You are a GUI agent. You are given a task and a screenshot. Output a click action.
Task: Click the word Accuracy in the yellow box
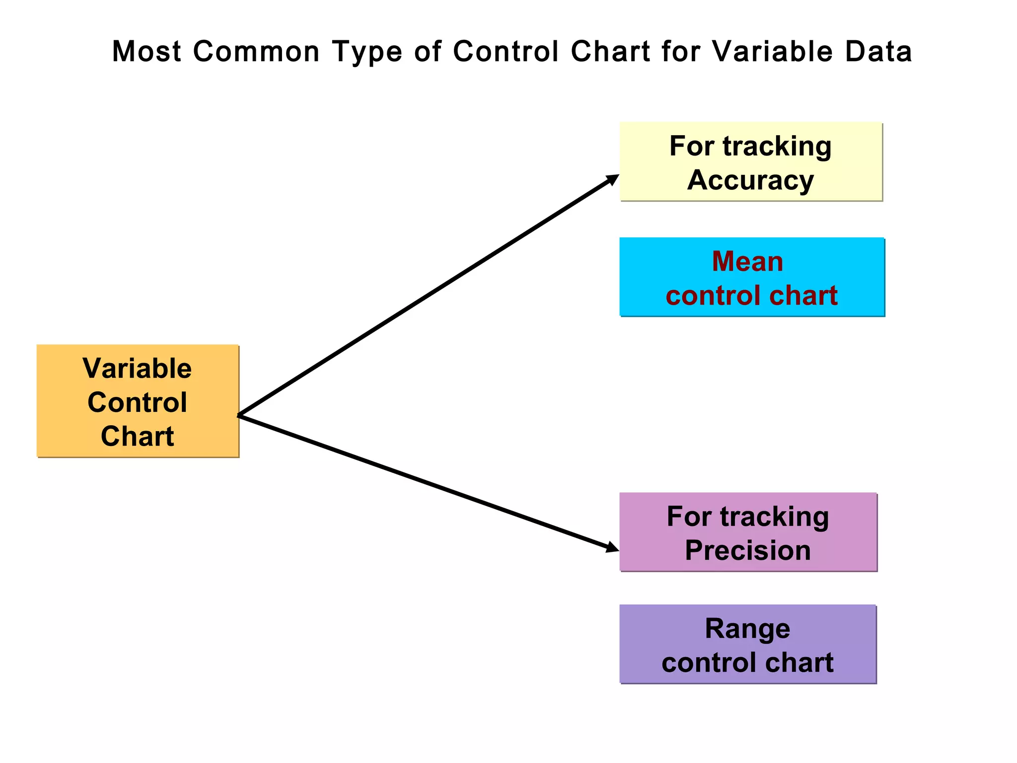[750, 180]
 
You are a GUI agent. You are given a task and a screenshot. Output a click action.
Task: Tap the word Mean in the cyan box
[747, 261]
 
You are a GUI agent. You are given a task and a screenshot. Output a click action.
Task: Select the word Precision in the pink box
[747, 550]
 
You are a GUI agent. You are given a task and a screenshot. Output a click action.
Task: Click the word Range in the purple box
[747, 629]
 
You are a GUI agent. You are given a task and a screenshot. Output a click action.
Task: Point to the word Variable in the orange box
[137, 369]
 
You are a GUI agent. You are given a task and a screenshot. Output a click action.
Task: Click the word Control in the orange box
[137, 402]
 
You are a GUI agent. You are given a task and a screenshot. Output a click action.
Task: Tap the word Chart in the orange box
[137, 436]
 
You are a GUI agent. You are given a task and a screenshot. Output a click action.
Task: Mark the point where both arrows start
[239, 415]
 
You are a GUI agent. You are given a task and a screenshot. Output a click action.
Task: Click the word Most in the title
[146, 52]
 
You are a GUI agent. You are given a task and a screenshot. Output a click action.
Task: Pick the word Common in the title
[256, 52]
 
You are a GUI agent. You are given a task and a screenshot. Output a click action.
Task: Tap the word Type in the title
[367, 52]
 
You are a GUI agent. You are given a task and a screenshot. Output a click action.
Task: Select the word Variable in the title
[772, 52]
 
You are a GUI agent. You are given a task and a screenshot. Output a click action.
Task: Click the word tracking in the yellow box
[777, 147]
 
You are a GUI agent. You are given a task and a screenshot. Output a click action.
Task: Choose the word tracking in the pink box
[774, 517]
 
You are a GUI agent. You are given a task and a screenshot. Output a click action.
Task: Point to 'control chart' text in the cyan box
[751, 296]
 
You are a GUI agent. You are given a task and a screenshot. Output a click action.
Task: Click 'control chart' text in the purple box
[747, 663]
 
